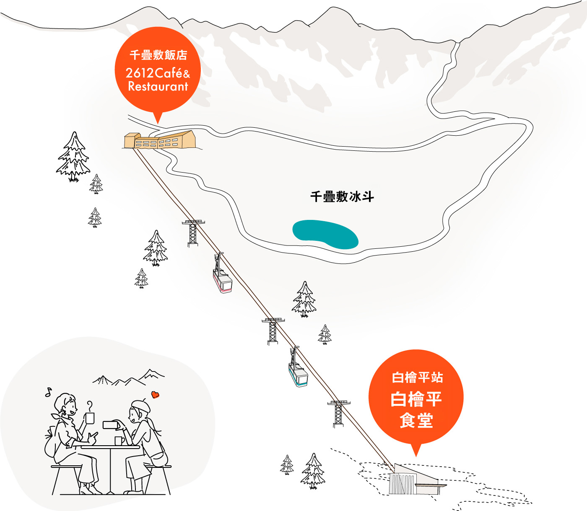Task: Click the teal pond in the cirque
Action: (325, 234)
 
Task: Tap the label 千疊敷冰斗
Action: (342, 197)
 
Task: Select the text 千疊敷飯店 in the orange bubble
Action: (158, 55)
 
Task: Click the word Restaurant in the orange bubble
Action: (158, 87)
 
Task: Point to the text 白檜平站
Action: (418, 377)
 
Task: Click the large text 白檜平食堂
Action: (416, 409)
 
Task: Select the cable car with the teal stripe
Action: (298, 367)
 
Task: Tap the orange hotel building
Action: (160, 140)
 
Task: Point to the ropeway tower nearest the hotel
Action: (193, 233)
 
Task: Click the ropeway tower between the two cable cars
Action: (273, 331)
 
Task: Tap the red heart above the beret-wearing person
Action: (155, 395)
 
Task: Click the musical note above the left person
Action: (49, 392)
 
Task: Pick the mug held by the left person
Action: (90, 418)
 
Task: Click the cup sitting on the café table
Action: (119, 441)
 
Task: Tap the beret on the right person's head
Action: (140, 405)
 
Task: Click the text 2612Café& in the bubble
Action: (158, 73)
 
